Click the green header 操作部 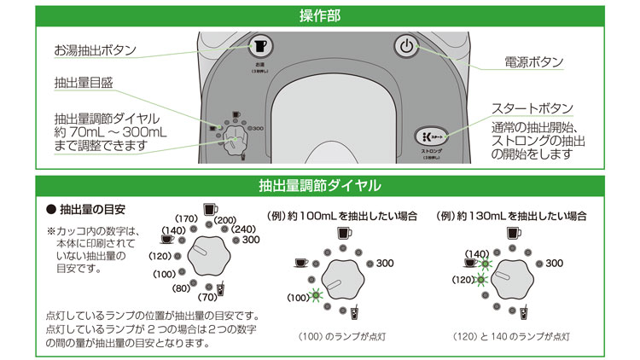click(x=320, y=15)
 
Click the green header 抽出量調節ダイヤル click(x=320, y=185)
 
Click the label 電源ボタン click(x=534, y=62)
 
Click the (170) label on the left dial click(x=186, y=220)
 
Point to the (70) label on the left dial click(x=208, y=298)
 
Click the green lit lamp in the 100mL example click(x=316, y=295)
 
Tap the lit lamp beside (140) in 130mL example click(x=484, y=255)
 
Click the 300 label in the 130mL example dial click(x=555, y=263)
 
